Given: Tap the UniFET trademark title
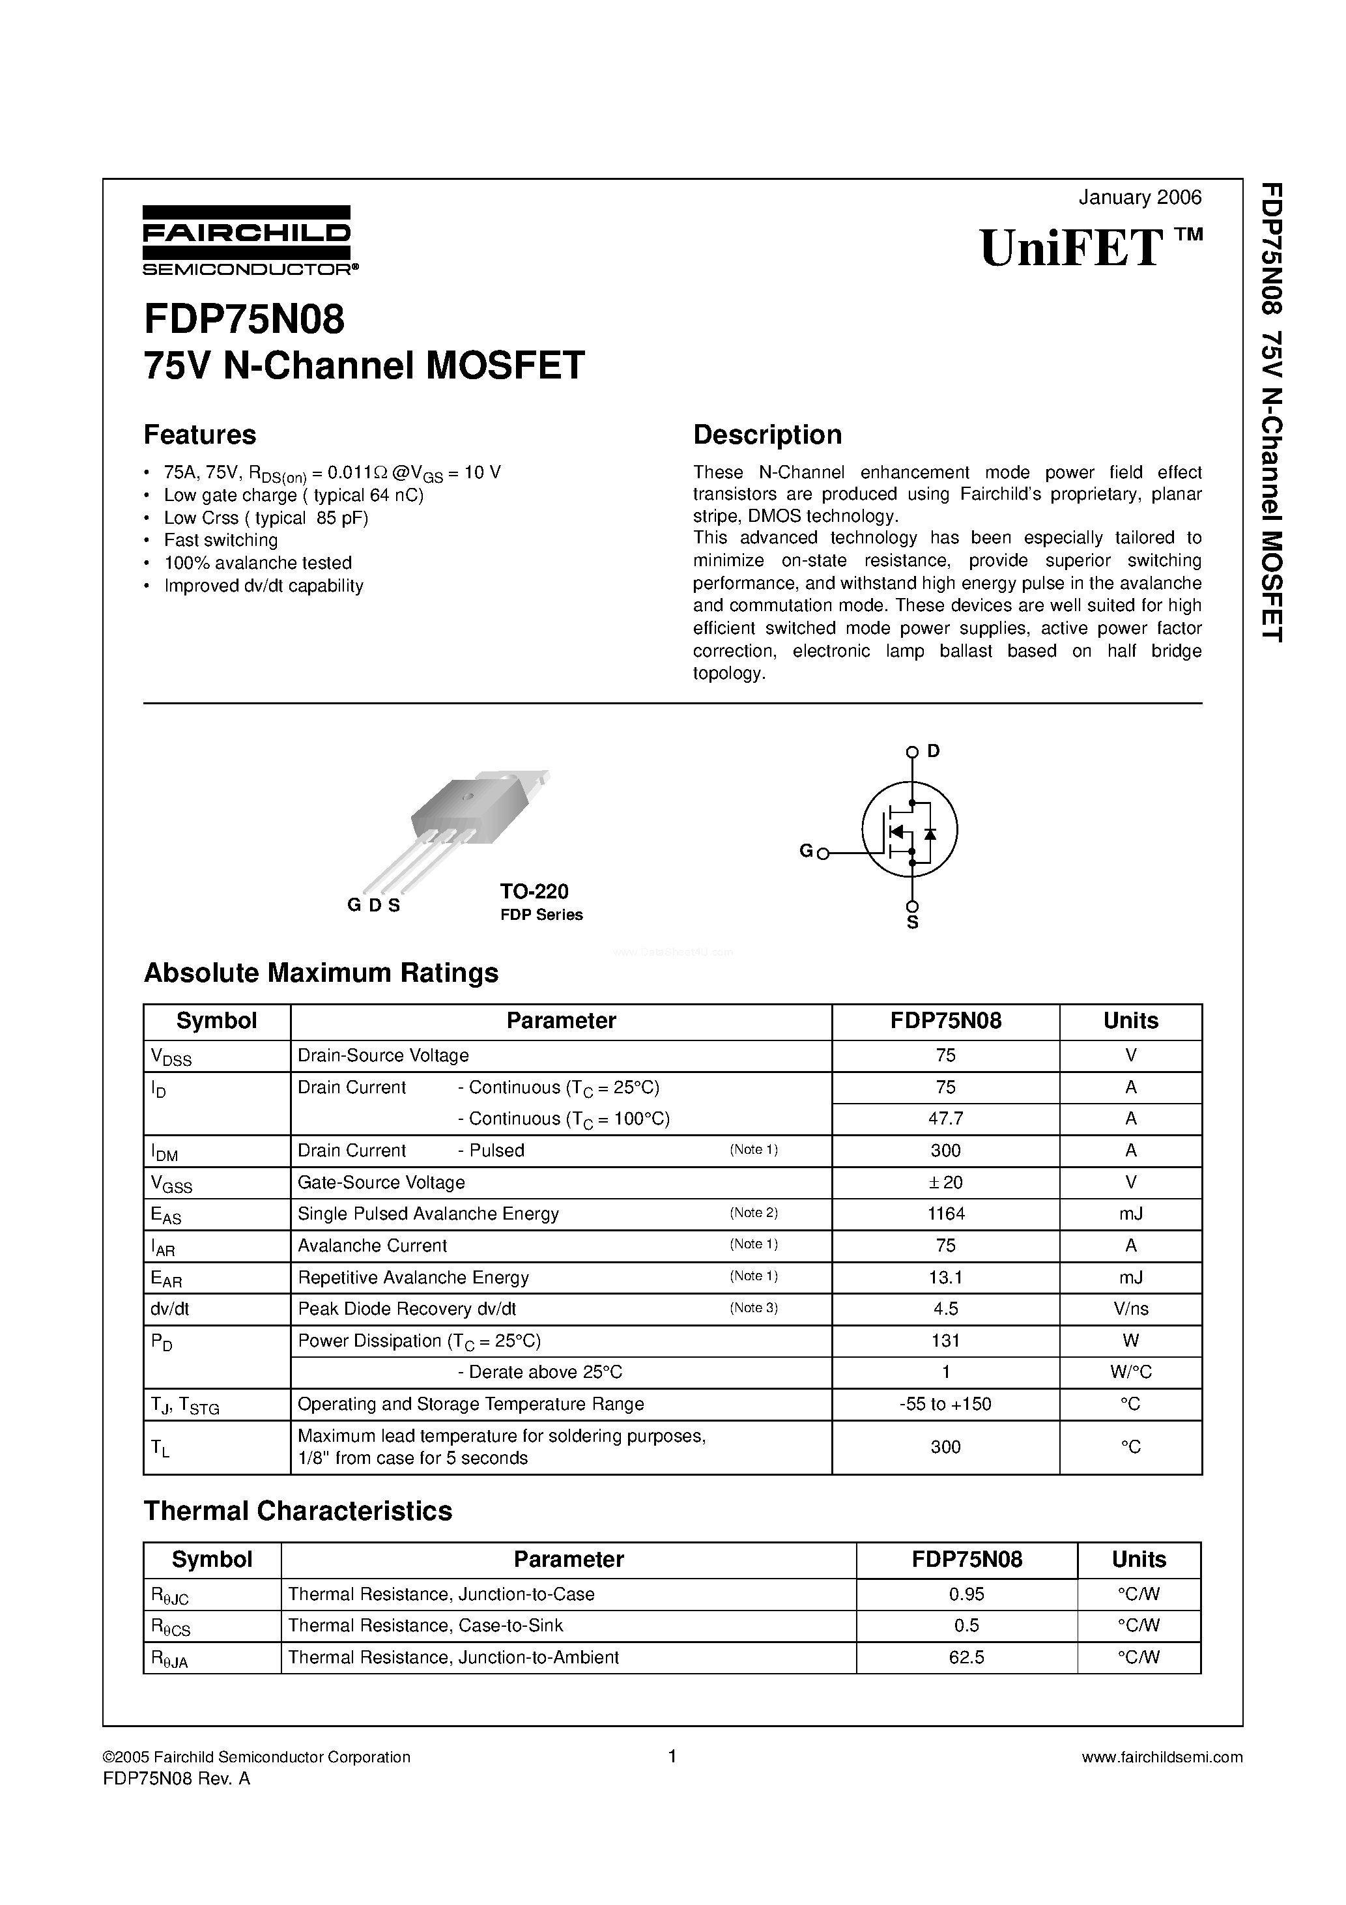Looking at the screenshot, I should [1089, 248].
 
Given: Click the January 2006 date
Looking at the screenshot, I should [1139, 197].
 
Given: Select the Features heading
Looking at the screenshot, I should [200, 435].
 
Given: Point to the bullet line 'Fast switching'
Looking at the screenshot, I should [221, 540].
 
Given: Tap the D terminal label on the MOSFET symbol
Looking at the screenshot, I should [934, 751].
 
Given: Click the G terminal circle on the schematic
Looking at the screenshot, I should [823, 853].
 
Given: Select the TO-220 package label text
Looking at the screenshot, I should [534, 891].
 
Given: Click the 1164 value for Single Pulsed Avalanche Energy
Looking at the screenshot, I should [945, 1214].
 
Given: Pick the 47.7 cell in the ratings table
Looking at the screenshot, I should [945, 1119].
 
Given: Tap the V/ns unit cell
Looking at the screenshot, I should [1130, 1308].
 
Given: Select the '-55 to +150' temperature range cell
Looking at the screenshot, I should [945, 1404].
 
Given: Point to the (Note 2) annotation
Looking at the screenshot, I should [754, 1213].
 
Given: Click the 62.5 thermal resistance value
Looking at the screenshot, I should [966, 1657].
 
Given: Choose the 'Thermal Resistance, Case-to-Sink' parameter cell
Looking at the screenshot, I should [425, 1626].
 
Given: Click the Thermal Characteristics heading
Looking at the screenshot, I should [298, 1511].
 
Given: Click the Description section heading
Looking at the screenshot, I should [767, 435].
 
